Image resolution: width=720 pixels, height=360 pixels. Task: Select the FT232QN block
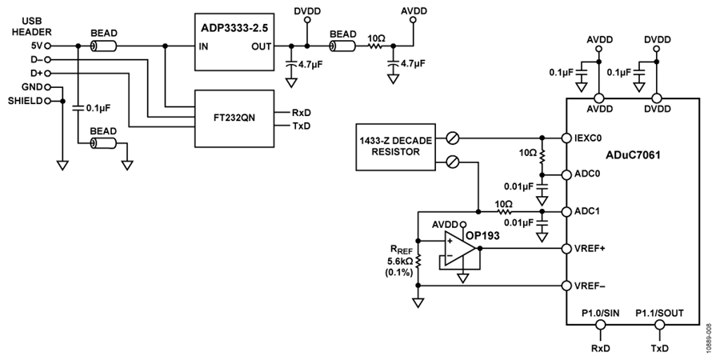coord(234,118)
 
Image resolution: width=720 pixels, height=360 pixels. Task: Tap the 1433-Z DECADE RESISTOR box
coord(396,146)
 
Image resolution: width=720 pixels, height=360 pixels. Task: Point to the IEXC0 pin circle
coord(566,138)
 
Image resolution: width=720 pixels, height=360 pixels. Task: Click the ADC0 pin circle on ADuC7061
coord(566,174)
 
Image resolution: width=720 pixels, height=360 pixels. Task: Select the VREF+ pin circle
coord(566,249)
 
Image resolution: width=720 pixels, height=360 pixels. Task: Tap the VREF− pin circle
coord(566,285)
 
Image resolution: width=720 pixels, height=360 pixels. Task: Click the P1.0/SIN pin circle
coord(600,325)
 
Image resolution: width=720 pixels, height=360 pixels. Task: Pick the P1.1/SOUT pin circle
coord(659,325)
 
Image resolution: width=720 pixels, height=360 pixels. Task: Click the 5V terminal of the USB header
coord(48,46)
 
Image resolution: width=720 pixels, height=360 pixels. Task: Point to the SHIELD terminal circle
coord(47,101)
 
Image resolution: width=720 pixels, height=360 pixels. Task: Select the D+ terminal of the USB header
coord(48,74)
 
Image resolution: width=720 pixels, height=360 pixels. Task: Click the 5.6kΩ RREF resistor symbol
coord(418,262)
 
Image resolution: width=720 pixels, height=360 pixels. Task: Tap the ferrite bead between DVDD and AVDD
coord(342,46)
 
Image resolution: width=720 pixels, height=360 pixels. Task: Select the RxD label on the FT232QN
coord(301,112)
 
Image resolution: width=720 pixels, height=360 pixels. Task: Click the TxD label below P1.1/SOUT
coord(659,348)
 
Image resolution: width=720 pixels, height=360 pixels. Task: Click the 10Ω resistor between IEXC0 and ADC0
coord(542,156)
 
